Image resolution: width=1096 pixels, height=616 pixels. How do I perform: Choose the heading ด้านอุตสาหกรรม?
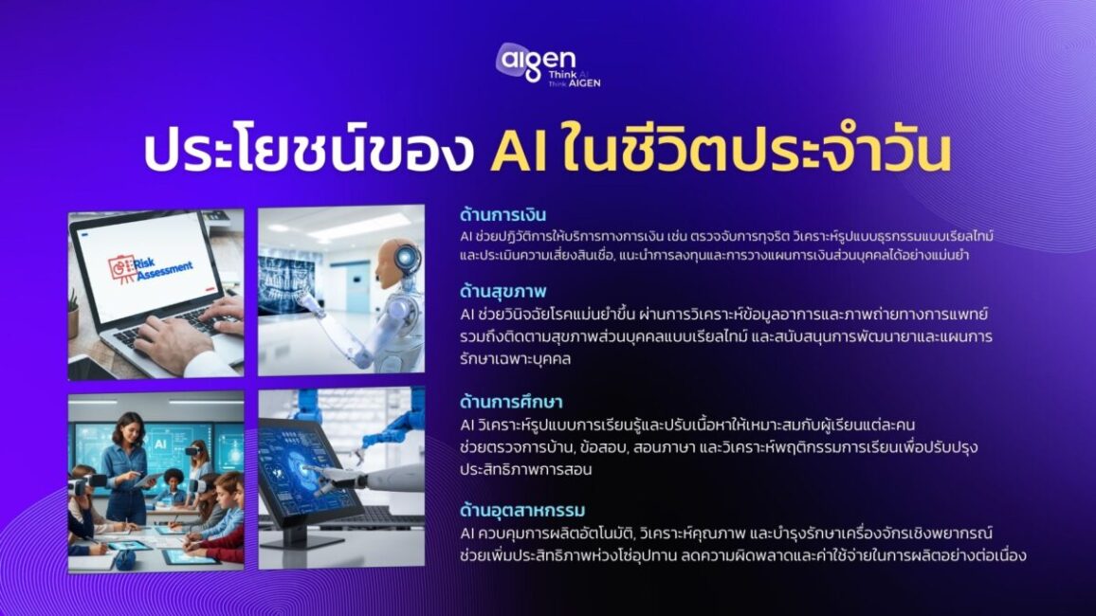[522, 512]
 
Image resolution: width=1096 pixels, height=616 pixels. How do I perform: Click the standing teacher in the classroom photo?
[129, 464]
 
